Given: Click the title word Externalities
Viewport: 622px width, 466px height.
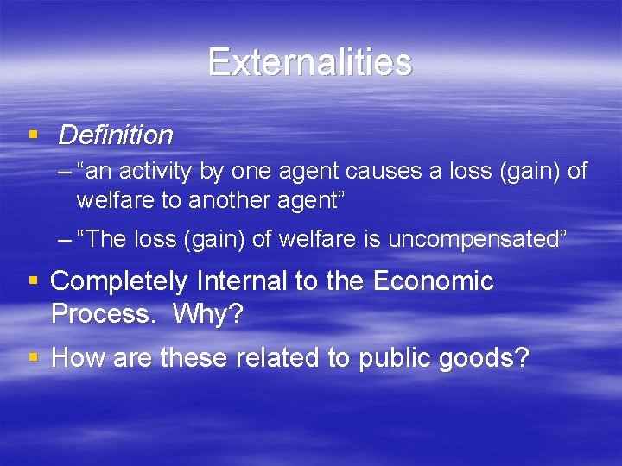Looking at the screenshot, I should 310,62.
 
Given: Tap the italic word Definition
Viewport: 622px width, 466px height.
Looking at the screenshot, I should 116,135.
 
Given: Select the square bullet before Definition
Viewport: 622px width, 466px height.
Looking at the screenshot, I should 33,135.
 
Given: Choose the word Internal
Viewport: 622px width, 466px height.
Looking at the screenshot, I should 241,281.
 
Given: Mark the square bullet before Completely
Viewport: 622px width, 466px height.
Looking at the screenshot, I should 33,280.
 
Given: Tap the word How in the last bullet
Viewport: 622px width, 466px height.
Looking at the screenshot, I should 74,358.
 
